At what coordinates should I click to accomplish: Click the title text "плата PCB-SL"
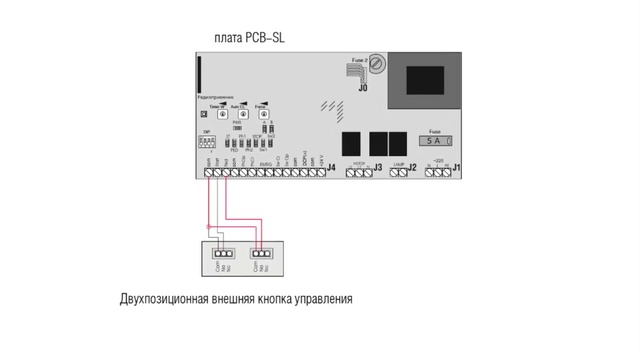(x=250, y=38)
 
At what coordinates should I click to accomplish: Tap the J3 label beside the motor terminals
(x=376, y=168)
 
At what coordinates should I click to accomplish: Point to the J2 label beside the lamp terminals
(x=410, y=168)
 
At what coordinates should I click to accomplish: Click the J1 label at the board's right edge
(x=455, y=168)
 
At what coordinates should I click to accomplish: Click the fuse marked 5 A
(x=433, y=142)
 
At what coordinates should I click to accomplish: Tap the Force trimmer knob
(x=263, y=115)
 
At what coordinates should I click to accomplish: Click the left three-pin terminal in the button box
(x=223, y=253)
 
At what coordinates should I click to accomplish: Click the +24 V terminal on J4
(x=320, y=172)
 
